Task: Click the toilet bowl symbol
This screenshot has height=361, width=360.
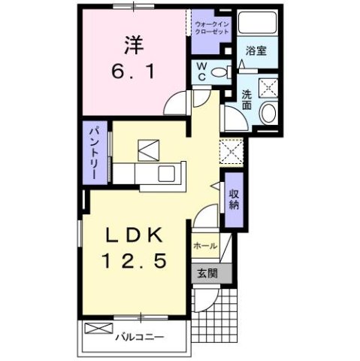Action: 220,72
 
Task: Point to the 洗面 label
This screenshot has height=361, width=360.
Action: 247,100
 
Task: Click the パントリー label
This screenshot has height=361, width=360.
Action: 96,152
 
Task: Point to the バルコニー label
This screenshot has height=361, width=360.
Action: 140,336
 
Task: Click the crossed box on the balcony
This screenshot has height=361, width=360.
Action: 97,328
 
